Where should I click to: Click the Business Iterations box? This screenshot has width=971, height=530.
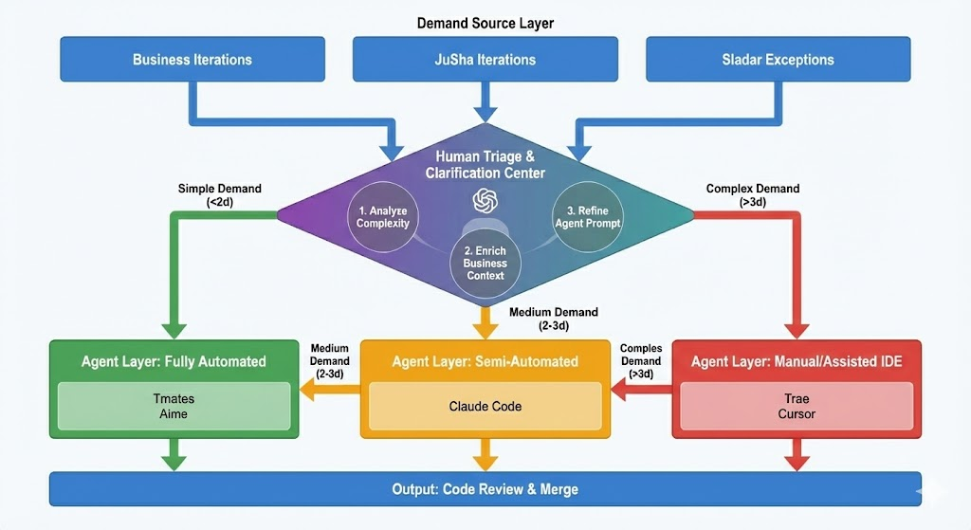(x=192, y=59)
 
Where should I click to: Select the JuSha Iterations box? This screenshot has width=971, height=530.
(x=485, y=59)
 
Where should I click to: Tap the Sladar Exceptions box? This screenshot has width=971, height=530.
(x=778, y=59)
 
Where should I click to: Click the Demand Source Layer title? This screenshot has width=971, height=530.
(x=485, y=22)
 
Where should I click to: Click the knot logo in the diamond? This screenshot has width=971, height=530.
(x=485, y=200)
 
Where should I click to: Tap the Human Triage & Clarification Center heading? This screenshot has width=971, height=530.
(x=485, y=164)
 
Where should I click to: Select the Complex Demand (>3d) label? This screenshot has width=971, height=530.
(x=753, y=194)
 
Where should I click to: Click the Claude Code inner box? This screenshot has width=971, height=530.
(x=485, y=406)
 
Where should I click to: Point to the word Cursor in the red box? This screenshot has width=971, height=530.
(x=797, y=413)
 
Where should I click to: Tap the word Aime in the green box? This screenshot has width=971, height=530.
(x=174, y=413)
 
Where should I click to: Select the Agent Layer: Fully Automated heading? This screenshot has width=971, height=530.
(x=174, y=361)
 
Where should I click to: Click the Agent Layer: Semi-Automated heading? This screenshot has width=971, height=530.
(x=485, y=361)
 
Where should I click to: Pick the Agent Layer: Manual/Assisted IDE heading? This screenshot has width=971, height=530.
(x=796, y=361)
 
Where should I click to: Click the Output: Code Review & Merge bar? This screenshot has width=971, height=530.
(x=485, y=489)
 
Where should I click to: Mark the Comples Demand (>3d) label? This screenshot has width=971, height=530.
(x=640, y=361)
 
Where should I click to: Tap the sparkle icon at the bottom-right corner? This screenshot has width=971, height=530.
(x=933, y=489)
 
